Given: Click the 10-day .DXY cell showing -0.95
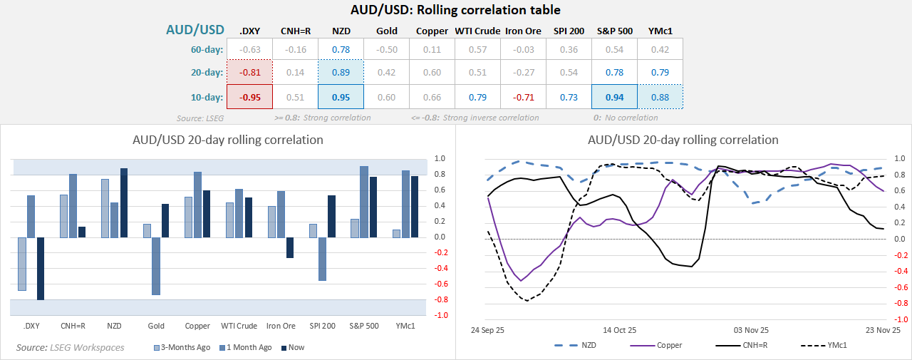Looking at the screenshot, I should (x=249, y=97).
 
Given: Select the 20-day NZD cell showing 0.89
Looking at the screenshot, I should (x=341, y=72).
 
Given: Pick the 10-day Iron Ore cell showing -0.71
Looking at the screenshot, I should (x=523, y=97).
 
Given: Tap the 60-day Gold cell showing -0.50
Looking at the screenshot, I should (x=386, y=49).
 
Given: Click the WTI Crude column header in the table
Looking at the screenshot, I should (x=477, y=31).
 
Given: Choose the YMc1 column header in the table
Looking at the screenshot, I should (x=660, y=31).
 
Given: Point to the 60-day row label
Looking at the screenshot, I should (x=204, y=49).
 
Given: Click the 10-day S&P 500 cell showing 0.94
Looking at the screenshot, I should (x=614, y=97).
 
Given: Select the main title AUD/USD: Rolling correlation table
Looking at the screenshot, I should (x=455, y=10).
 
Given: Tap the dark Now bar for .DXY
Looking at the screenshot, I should (x=40, y=269).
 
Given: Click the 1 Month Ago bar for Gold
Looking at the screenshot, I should (x=156, y=266).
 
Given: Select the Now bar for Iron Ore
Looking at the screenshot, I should (x=290, y=247).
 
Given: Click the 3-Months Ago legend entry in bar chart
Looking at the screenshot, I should (x=182, y=347).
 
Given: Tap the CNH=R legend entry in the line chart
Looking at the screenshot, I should (x=745, y=345).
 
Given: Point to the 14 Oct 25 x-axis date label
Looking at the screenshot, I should (x=619, y=330).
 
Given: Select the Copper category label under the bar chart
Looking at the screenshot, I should (x=197, y=326).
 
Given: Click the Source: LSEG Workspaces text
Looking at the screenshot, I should (x=71, y=347).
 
